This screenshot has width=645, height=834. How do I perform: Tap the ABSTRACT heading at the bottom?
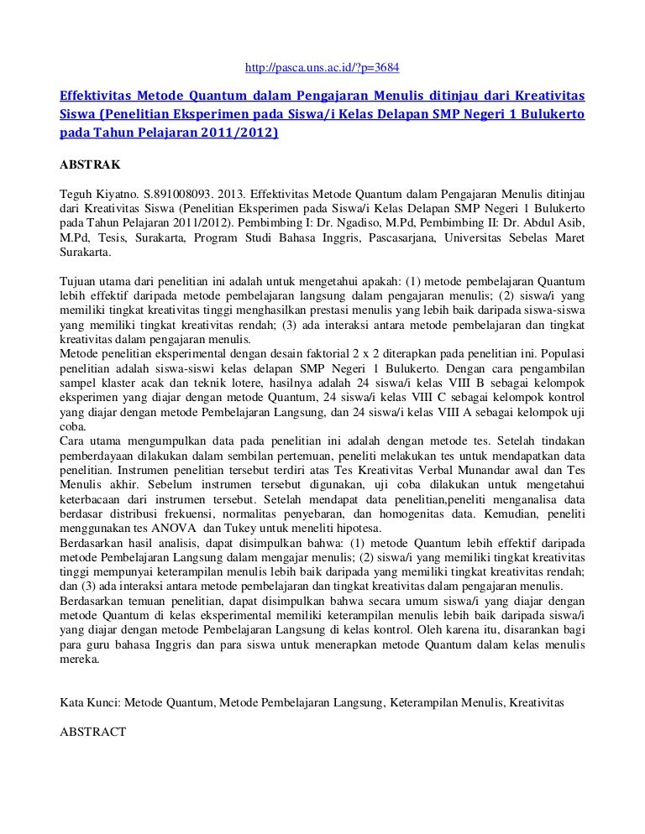[94, 731]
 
